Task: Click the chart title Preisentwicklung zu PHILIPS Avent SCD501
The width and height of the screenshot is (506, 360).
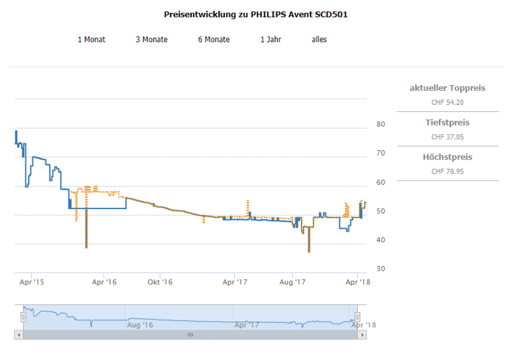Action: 255,14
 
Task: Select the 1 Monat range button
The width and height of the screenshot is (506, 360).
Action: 91,40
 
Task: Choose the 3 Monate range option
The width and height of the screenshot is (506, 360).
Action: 152,40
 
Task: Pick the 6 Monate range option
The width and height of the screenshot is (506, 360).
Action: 214,40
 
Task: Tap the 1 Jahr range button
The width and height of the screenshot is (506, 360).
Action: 271,40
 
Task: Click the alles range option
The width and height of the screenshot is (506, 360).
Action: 319,40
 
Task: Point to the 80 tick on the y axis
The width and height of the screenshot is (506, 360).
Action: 380,124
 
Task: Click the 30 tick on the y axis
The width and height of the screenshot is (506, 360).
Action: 380,269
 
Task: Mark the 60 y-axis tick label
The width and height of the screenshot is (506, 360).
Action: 380,182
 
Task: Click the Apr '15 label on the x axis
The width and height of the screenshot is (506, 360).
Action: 32,282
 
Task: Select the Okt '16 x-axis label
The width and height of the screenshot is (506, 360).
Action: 161,282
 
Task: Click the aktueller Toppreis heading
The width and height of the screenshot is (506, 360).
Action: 447,88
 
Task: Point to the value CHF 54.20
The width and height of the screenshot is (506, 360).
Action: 447,102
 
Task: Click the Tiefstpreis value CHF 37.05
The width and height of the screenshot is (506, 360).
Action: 447,137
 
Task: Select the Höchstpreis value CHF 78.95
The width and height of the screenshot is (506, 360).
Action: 447,172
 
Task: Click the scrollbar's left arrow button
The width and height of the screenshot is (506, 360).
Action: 19,335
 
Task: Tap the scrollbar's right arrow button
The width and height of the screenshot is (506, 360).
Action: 363,335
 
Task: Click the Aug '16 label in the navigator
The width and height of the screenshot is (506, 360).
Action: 140,325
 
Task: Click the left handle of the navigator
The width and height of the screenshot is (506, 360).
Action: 23,317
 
